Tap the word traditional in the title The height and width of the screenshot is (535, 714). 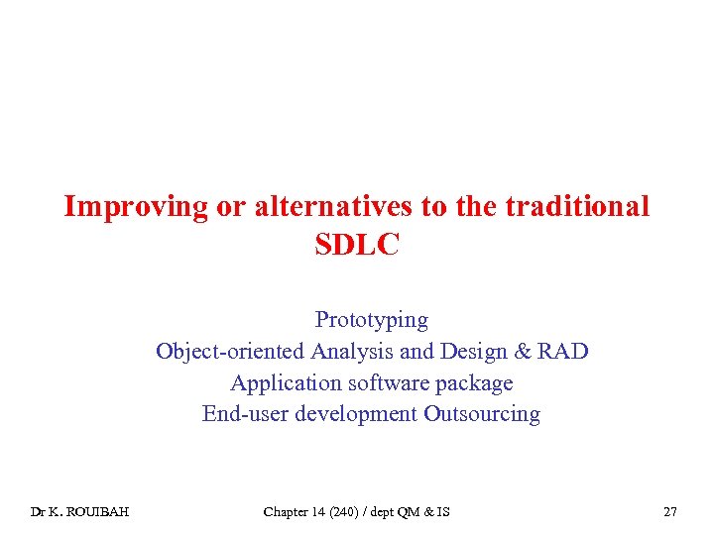point(577,207)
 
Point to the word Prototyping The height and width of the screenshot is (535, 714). point(372,320)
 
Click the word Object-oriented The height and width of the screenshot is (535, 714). point(230,352)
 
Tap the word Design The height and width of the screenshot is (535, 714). point(468,352)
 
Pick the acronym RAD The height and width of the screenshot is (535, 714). point(562,352)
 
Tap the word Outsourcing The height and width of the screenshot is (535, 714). point(482,414)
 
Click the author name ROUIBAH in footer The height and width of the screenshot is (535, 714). point(101,512)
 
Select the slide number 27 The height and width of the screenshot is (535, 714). point(670,512)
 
